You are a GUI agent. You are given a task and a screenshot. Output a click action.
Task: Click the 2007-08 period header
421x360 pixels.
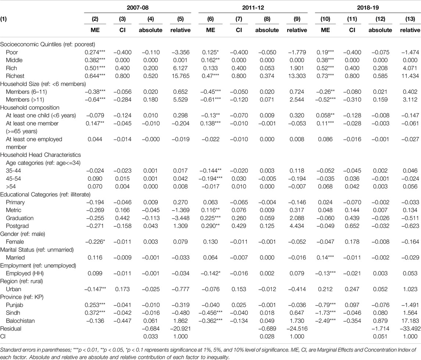[138, 7]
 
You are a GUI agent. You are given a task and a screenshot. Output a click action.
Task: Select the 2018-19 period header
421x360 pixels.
[368, 7]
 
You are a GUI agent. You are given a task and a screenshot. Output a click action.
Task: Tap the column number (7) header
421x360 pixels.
[239, 19]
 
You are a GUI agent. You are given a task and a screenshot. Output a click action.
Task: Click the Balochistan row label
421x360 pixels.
[20, 321]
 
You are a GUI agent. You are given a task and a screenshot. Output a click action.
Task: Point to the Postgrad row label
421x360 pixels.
[17, 226]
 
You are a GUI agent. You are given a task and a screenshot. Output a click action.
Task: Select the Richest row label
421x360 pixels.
[15, 76]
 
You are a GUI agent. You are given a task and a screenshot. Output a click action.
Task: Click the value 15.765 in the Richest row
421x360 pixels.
[181, 76]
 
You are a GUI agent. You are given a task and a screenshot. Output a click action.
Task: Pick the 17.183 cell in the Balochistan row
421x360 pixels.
[410, 321]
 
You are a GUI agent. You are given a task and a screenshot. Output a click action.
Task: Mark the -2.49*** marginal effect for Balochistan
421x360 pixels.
[325, 321]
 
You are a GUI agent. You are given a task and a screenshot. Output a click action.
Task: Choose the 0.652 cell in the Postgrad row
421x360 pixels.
[352, 226]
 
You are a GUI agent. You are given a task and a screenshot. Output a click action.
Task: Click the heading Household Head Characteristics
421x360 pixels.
[40, 155]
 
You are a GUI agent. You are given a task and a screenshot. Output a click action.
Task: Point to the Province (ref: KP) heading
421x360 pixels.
[22, 297]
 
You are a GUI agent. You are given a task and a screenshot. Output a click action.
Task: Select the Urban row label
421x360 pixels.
[14, 289]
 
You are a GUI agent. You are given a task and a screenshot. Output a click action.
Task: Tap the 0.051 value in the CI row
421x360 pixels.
[380, 336]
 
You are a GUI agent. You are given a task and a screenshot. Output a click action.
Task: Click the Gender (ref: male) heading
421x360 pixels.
[22, 234]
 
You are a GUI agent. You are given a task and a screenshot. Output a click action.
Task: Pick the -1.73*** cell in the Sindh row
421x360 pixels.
[325, 313]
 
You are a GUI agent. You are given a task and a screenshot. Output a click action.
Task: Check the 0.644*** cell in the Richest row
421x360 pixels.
[95, 76]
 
